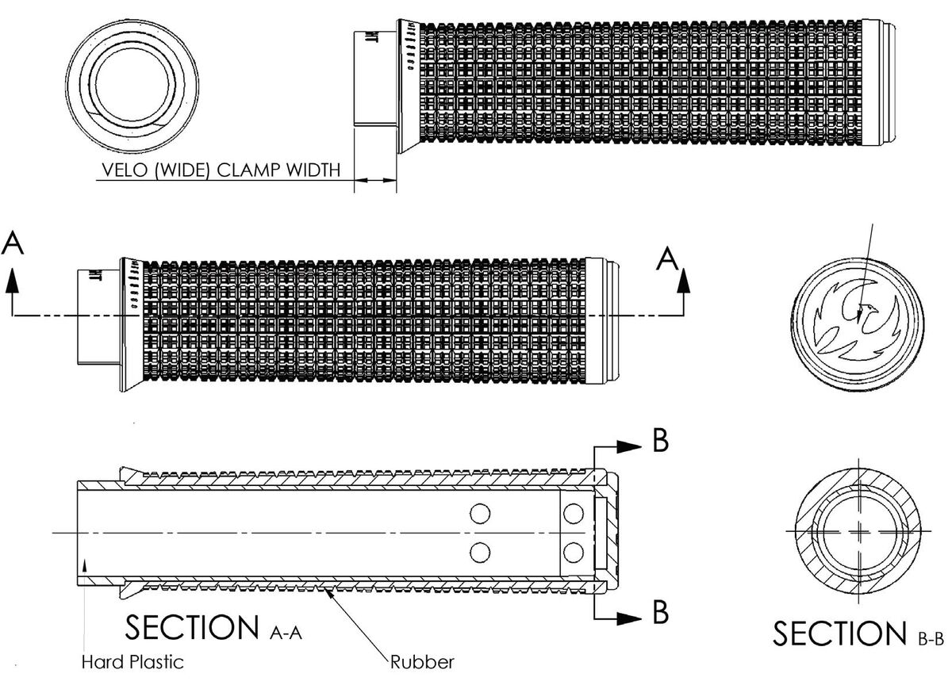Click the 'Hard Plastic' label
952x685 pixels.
[x=132, y=660]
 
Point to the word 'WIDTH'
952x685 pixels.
[x=314, y=170]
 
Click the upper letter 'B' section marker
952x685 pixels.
[x=660, y=442]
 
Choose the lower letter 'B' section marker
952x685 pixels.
[x=660, y=612]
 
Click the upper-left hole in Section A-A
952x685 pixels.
[x=479, y=514]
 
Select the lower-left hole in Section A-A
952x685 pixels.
[x=479, y=550]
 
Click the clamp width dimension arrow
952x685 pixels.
[x=375, y=182]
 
